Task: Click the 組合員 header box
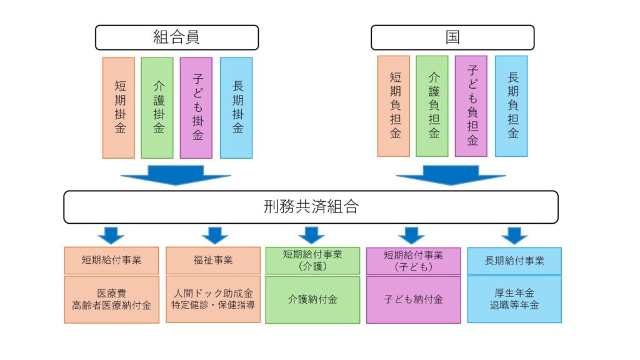(x=176, y=37)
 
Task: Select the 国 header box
(x=452, y=37)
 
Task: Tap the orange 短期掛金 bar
(x=119, y=107)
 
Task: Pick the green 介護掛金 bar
(x=157, y=107)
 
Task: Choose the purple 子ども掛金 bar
(x=196, y=107)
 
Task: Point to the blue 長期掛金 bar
(x=236, y=107)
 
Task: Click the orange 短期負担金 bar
(x=394, y=106)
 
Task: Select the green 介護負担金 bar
(x=432, y=106)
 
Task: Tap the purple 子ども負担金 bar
(x=471, y=106)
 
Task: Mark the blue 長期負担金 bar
(x=511, y=106)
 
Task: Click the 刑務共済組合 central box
(x=311, y=207)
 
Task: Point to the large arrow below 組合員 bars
(x=176, y=175)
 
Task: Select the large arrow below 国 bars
(x=451, y=175)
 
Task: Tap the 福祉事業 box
(x=213, y=260)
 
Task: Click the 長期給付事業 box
(x=514, y=261)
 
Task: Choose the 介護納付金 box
(x=313, y=299)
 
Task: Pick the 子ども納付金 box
(x=413, y=299)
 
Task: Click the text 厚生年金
(x=514, y=292)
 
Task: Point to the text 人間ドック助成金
(x=213, y=292)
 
